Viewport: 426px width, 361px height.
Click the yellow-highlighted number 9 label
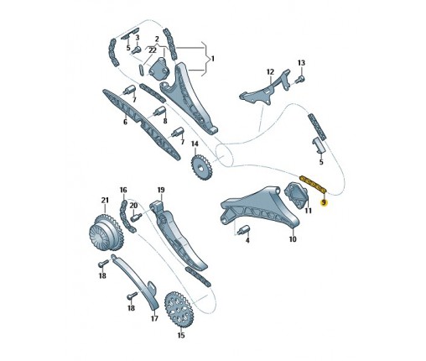pos(324,202)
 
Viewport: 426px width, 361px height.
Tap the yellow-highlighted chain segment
pos(313,184)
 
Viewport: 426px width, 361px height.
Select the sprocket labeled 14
pos(201,167)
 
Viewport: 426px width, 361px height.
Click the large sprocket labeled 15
pos(179,310)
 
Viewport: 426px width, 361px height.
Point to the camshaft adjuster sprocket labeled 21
pos(106,233)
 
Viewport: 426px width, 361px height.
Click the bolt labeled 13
pos(300,80)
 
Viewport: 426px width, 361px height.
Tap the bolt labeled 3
pos(137,50)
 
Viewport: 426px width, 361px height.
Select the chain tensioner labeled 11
pos(296,195)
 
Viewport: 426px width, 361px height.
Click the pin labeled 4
pos(242,230)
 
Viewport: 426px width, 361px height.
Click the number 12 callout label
pos(270,72)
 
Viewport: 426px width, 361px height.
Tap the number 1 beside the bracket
pos(213,59)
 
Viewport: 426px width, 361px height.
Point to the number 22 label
pos(153,50)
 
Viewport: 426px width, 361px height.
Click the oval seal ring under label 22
pos(142,70)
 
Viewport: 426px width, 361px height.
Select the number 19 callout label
pos(161,190)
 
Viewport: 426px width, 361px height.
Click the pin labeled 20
pos(135,217)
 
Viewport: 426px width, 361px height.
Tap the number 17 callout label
pos(154,318)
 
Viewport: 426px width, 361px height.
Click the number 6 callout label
pos(125,122)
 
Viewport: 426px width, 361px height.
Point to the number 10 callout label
pos(293,239)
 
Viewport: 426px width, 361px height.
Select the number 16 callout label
pos(123,190)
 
